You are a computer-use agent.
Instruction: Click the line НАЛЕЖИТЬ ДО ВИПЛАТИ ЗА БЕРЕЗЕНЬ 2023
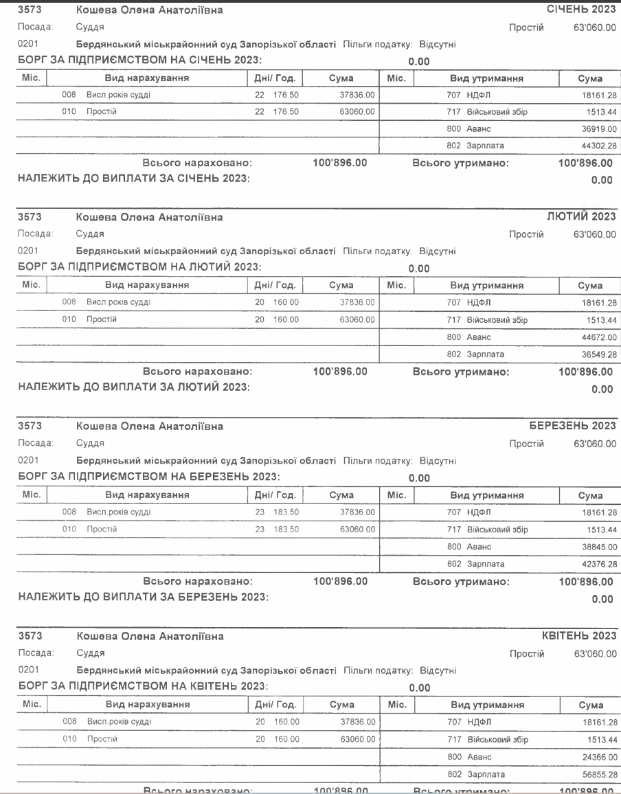[x=137, y=598]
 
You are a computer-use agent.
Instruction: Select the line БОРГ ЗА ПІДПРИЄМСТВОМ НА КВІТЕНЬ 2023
[x=137, y=685]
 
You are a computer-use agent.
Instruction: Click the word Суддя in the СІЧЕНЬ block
[x=89, y=27]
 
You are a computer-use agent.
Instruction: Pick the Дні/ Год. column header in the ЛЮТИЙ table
[x=275, y=285]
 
